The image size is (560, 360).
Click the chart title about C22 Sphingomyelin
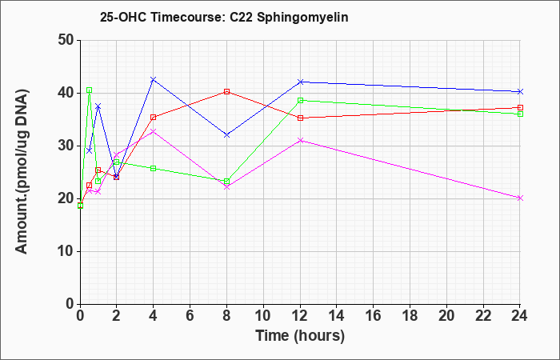click(x=224, y=17)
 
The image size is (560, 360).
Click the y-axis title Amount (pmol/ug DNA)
click(x=22, y=171)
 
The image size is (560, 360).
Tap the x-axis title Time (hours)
click(x=300, y=336)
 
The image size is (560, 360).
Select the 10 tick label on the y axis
click(x=66, y=251)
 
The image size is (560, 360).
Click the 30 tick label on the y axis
click(x=66, y=146)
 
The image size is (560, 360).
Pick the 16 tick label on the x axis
click(x=373, y=315)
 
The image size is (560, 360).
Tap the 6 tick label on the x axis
click(x=190, y=315)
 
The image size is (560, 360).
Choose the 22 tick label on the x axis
click(x=483, y=315)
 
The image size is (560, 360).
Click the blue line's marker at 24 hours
click(x=520, y=92)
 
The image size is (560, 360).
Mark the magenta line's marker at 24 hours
click(x=520, y=198)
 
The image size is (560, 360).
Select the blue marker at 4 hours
click(x=154, y=79)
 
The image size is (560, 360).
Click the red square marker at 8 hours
click(x=226, y=92)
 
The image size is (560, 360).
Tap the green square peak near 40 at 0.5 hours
click(x=90, y=90)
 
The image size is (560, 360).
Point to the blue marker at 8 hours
click(x=226, y=135)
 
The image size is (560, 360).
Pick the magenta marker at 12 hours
click(x=300, y=140)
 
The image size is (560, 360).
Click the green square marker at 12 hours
click(x=300, y=100)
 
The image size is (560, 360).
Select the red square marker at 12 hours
click(x=300, y=118)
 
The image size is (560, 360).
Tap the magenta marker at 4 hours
click(x=154, y=131)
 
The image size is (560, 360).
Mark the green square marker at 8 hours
click(x=226, y=182)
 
